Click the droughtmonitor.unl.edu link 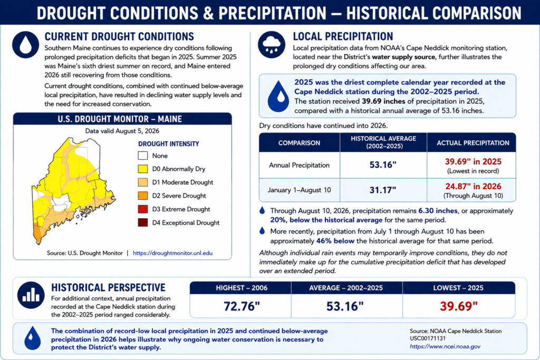pyautogui.click(x=172, y=253)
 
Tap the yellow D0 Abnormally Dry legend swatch pyautogui.click(x=143, y=169)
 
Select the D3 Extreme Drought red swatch pyautogui.click(x=143, y=209)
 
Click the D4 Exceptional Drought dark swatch pyautogui.click(x=143, y=222)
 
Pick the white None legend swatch pyautogui.click(x=143, y=155)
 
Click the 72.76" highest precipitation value pyautogui.click(x=242, y=306)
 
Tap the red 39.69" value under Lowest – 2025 pyautogui.click(x=459, y=306)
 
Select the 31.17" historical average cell pyautogui.click(x=383, y=190)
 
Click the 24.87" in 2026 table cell pyautogui.click(x=473, y=187)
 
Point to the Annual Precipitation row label pyautogui.click(x=300, y=165)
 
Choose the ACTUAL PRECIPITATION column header pyautogui.click(x=473, y=143)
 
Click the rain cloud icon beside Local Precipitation pyautogui.click(x=272, y=45)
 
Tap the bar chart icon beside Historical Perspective pyautogui.click(x=31, y=295)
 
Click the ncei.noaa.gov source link pyautogui.click(x=445, y=347)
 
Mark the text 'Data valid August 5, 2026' pyautogui.click(x=122, y=131)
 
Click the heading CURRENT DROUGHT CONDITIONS pyautogui.click(x=119, y=36)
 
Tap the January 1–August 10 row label pyautogui.click(x=300, y=190)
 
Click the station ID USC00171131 pyautogui.click(x=427, y=339)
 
